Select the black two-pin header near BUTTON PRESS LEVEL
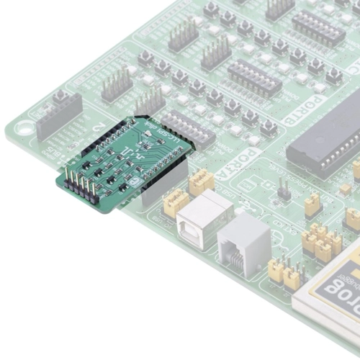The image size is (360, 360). pos(284,191)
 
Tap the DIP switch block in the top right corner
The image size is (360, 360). pos(317,29)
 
